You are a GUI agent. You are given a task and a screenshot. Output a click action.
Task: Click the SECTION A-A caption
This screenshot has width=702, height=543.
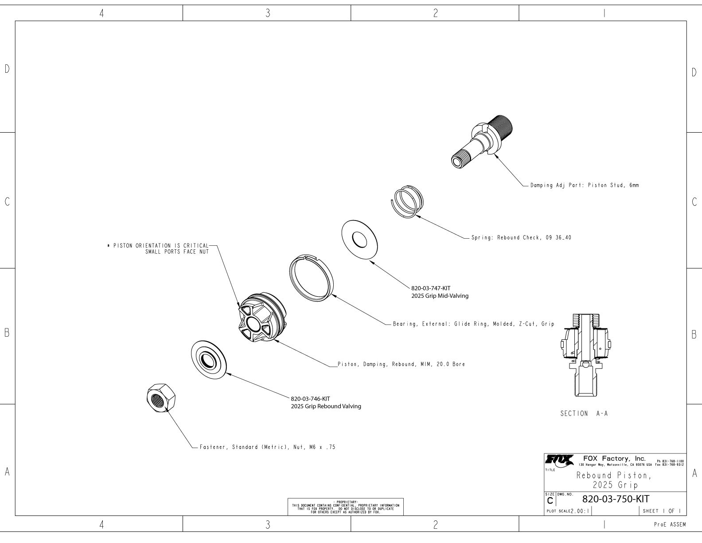[584, 413]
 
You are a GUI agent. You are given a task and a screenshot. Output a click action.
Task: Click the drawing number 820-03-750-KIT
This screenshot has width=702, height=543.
[616, 499]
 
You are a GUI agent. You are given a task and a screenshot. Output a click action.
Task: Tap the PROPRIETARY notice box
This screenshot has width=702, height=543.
[346, 507]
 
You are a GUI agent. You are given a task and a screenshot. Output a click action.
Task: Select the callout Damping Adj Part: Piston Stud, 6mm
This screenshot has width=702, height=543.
[585, 185]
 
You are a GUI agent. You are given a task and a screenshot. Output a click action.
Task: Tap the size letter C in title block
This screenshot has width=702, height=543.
[550, 500]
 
